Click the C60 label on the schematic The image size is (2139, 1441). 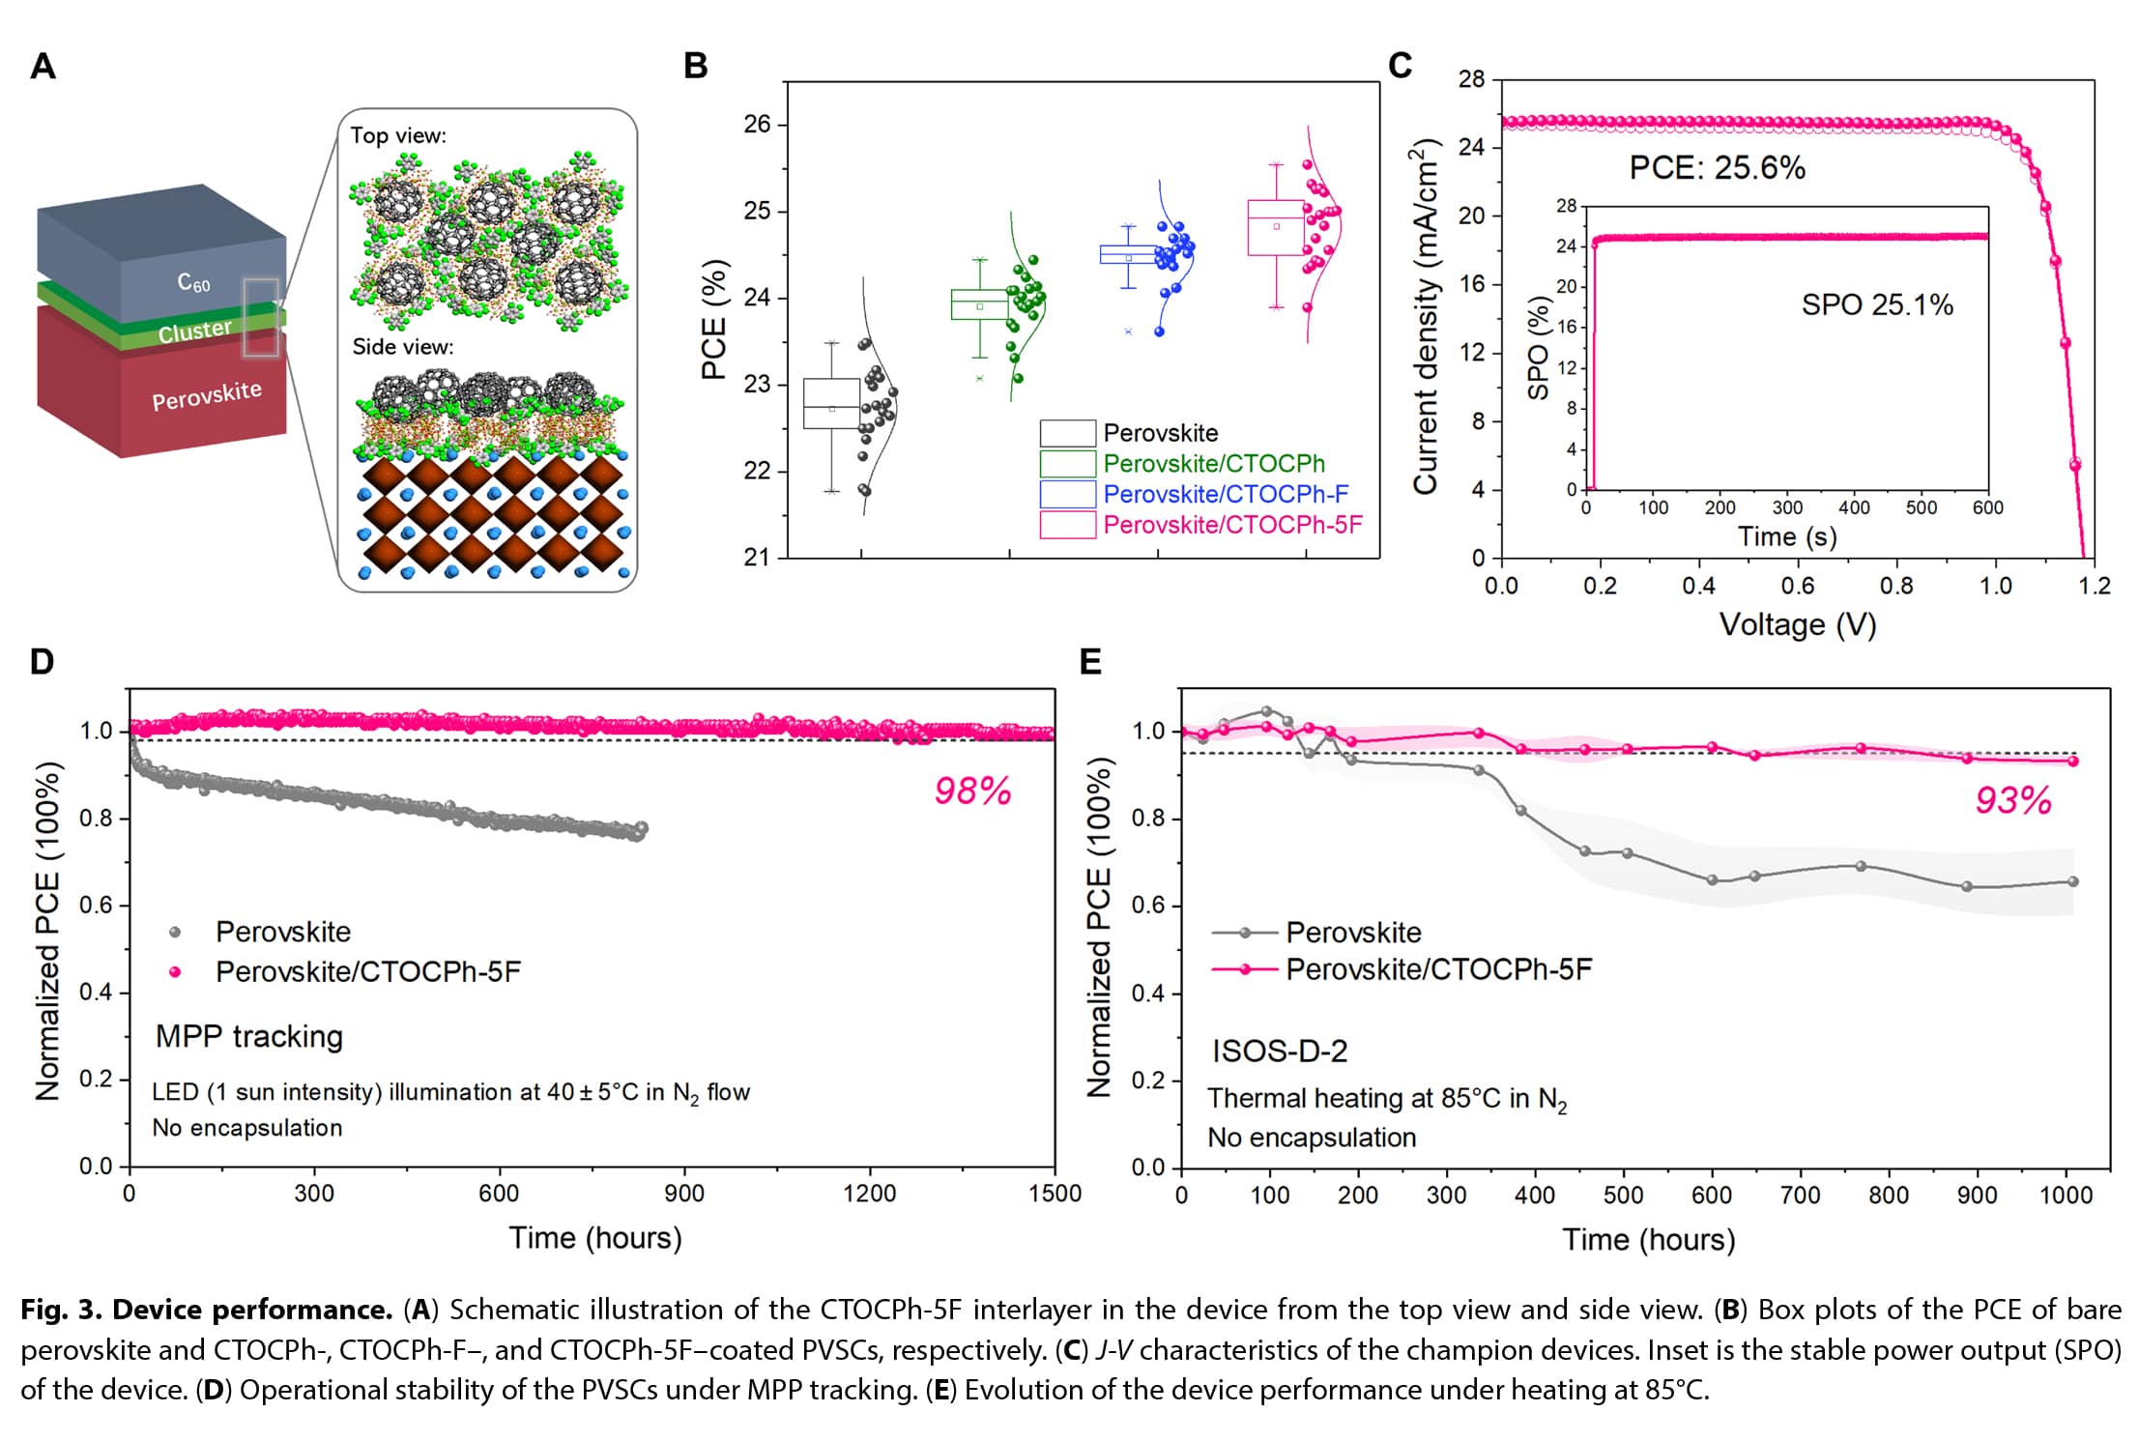(193, 282)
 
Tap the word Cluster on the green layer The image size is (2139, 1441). (195, 331)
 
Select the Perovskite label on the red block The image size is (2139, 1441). (207, 394)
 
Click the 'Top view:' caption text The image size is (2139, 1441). (398, 135)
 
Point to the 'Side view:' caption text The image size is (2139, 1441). (402, 346)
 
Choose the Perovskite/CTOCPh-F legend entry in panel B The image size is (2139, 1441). (1225, 494)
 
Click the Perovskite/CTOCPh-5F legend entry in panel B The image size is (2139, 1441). (1232, 525)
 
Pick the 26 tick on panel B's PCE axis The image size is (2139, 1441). (757, 124)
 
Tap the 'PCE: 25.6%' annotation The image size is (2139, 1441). (1717, 168)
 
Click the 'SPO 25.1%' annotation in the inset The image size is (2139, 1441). (1877, 305)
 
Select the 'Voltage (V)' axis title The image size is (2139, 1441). (1797, 624)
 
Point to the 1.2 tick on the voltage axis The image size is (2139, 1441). (2094, 586)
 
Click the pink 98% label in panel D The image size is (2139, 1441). (972, 792)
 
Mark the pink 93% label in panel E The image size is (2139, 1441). (2013, 800)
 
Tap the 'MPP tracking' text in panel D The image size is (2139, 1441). (249, 1036)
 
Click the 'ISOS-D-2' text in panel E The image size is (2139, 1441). (1280, 1051)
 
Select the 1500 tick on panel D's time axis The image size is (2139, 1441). (1055, 1194)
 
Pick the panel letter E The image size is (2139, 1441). (1090, 662)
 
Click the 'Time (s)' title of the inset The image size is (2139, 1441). (1787, 536)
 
